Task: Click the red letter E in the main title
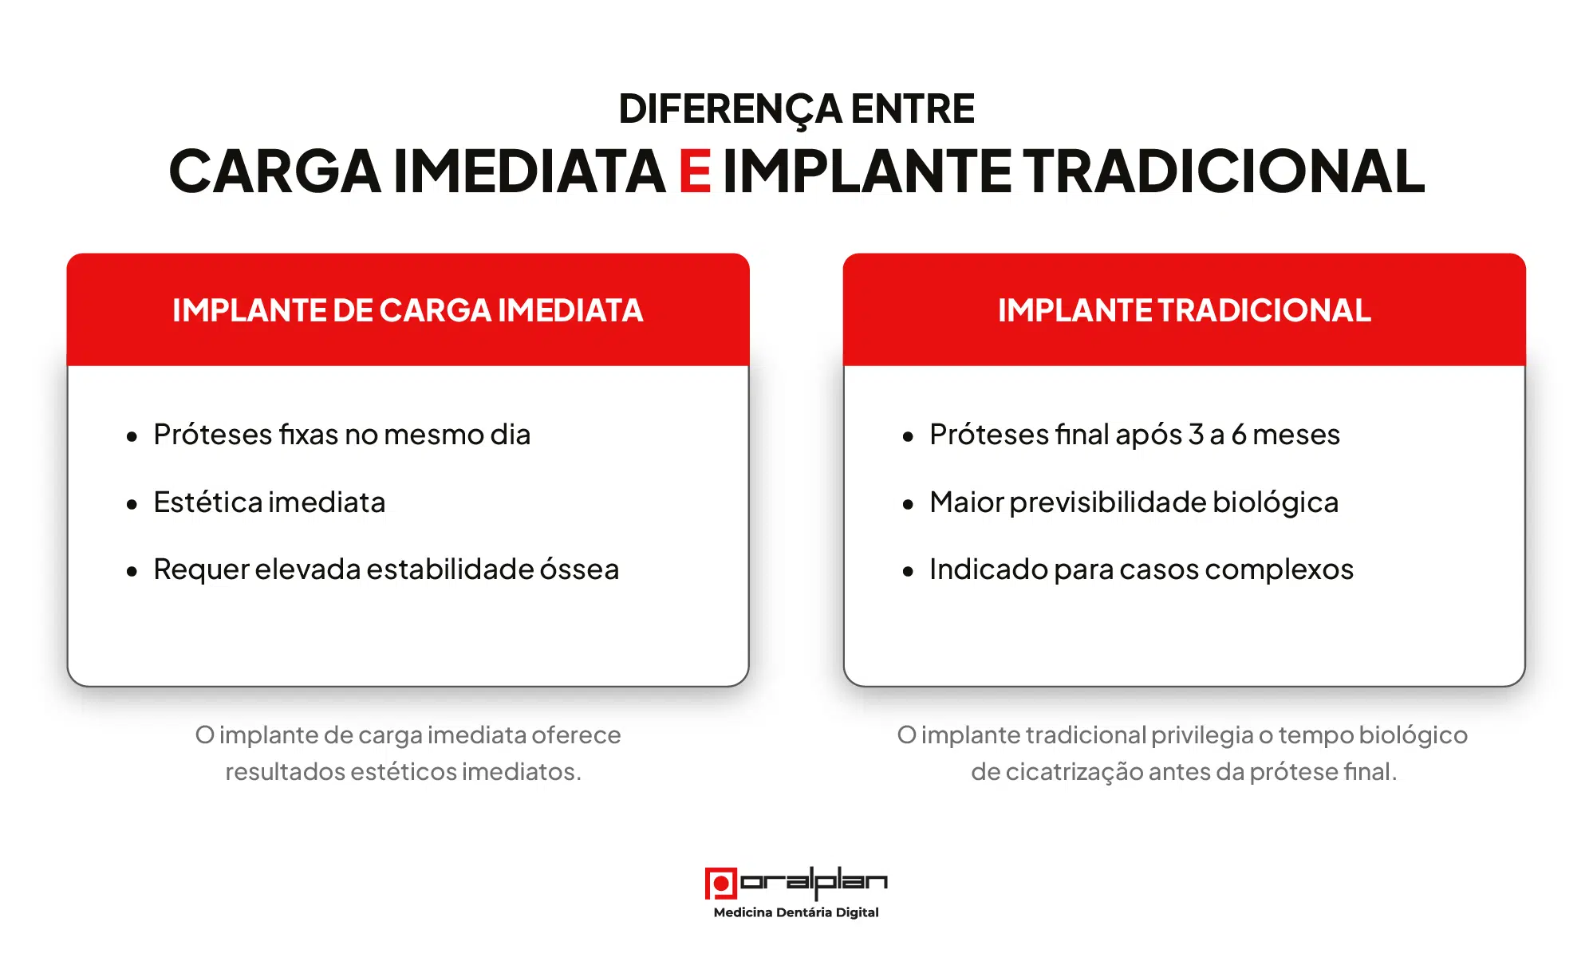pos(695,171)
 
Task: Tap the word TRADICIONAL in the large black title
pos(1224,171)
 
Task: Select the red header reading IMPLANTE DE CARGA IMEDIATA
pos(408,310)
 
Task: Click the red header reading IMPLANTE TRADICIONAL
pos(1184,310)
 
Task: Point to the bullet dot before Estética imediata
pos(132,504)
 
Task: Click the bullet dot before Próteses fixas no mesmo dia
pos(132,436)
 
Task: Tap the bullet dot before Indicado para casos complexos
pos(908,571)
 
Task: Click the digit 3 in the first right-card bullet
pos(1195,435)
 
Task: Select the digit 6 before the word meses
pos(1239,435)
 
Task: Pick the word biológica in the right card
pos(1276,502)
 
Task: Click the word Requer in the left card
pos(201,570)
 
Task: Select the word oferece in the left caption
pos(576,735)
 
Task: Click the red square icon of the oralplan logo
pos(720,883)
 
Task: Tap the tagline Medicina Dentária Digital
pos(796,912)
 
